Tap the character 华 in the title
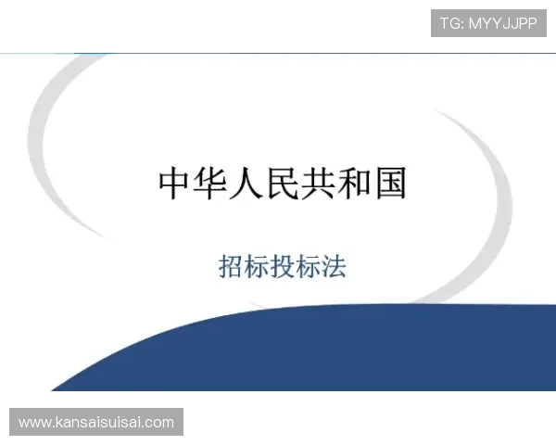click(x=212, y=184)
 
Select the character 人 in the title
click(x=247, y=184)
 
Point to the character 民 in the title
click(x=283, y=184)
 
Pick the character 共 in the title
click(x=318, y=184)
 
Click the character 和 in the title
click(x=353, y=184)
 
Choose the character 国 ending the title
click(x=389, y=184)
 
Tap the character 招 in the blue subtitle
click(x=232, y=267)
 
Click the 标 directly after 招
click(x=257, y=267)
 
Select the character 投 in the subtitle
click(x=283, y=267)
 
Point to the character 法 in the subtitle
click(x=334, y=267)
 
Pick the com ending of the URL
click(x=159, y=423)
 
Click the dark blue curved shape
click(x=324, y=357)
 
